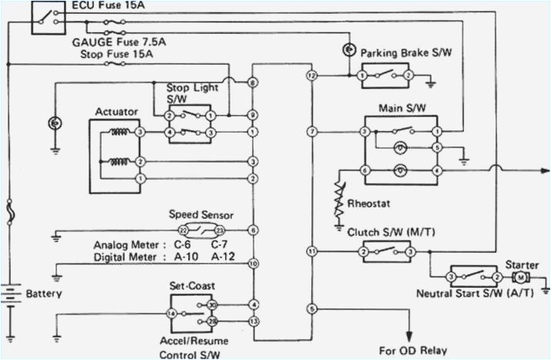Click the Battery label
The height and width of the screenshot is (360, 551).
tap(44, 294)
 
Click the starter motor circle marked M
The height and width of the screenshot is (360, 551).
tap(520, 277)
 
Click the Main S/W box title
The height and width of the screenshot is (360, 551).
tap(398, 108)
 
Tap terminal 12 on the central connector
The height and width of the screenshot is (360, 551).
tap(311, 76)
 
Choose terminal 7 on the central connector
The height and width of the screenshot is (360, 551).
tap(311, 132)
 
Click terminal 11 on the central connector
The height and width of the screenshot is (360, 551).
tap(311, 252)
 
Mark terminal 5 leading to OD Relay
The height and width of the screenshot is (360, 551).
tap(311, 308)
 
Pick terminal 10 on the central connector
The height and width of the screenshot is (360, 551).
tap(253, 264)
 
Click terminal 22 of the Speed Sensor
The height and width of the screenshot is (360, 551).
tap(183, 230)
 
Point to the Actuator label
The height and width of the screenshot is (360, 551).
tap(116, 112)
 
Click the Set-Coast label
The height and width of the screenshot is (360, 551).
tap(191, 285)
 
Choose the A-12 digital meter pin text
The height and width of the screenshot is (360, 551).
tap(223, 257)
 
